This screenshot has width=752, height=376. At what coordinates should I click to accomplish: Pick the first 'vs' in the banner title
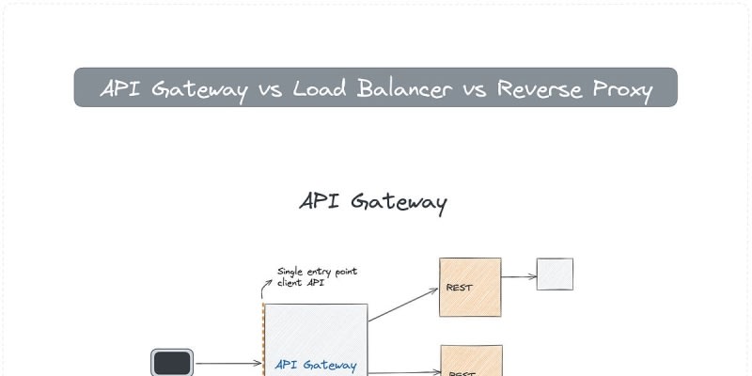pyautogui.click(x=266, y=89)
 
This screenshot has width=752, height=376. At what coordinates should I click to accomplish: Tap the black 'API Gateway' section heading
pyautogui.click(x=373, y=202)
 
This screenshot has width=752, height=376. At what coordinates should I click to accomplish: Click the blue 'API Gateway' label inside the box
pyautogui.click(x=315, y=365)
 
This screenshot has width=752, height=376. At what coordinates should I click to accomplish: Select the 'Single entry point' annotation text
pyautogui.click(x=317, y=272)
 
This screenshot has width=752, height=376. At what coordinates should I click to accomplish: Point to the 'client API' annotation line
pyautogui.click(x=301, y=282)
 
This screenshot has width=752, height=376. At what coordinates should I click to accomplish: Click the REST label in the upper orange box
pyautogui.click(x=459, y=288)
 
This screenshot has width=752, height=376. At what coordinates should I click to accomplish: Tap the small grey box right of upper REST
pyautogui.click(x=555, y=274)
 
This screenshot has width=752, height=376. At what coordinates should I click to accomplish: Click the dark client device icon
pyautogui.click(x=173, y=363)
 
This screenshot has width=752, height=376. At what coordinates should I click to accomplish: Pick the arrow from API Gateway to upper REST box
pyautogui.click(x=403, y=305)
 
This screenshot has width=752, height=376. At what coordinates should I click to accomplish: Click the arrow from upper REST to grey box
pyautogui.click(x=519, y=276)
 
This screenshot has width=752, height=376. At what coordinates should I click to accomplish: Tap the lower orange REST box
pyautogui.click(x=471, y=361)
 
